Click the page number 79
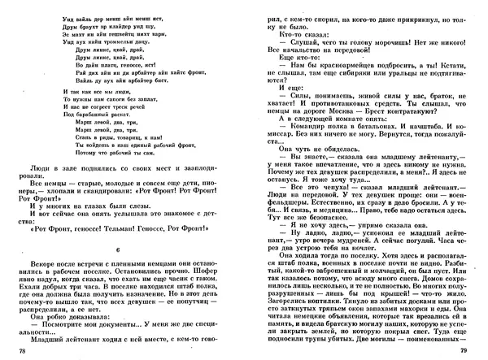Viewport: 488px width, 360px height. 466,350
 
